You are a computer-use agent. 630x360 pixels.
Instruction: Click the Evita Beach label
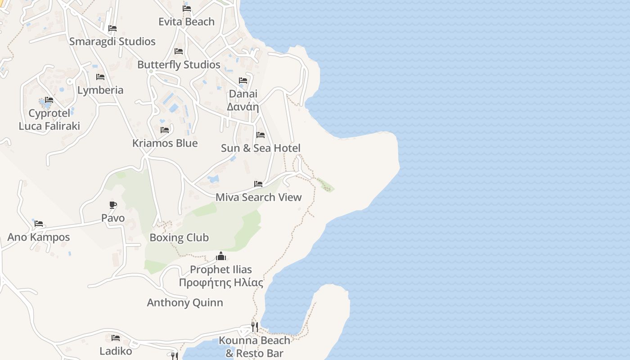coord(186,22)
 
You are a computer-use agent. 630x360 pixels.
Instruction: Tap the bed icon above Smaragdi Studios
coord(112,28)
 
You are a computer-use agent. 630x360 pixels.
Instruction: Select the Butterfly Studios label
coord(179,65)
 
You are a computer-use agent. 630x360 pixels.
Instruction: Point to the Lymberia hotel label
coord(100,90)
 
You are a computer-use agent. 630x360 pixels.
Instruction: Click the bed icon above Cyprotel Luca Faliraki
coord(49,100)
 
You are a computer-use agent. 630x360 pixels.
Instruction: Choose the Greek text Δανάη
coord(243,107)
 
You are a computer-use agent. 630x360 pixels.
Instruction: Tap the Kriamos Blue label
coord(165,143)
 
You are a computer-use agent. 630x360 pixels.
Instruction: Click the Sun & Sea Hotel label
coord(261,148)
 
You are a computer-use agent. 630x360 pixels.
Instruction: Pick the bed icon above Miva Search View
coord(258,184)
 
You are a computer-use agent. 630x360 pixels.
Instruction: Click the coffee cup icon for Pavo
coord(113,205)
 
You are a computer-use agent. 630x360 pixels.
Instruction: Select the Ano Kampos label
coord(39,237)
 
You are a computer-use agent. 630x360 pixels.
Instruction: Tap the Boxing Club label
coord(179,238)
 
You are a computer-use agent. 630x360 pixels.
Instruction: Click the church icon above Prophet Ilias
coord(220,256)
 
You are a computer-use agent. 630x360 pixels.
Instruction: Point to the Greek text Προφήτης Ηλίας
coord(221,283)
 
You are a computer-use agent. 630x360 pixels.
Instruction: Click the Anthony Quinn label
coord(185,302)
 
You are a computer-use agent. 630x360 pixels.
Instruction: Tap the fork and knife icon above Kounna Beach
coord(255,327)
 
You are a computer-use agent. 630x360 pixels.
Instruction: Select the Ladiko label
coord(116,351)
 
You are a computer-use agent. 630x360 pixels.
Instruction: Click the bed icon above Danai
coord(243,81)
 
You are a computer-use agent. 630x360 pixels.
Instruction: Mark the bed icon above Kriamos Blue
coord(165,130)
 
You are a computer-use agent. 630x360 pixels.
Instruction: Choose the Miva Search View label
coord(259,197)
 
